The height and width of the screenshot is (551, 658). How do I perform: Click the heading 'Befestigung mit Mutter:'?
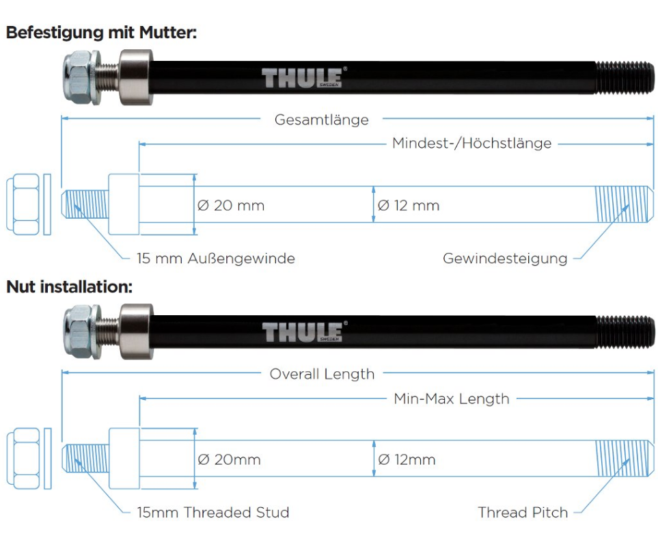102,32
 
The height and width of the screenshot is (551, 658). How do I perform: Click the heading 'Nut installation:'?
69,287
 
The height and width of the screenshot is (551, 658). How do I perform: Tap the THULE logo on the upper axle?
302,78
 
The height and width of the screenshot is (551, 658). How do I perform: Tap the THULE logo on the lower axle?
303,332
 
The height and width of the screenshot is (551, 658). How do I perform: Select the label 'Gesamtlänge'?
321,120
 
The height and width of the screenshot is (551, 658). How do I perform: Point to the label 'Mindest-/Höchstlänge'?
471,143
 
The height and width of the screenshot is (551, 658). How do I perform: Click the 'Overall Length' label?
322,374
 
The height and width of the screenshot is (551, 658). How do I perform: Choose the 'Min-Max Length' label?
452,399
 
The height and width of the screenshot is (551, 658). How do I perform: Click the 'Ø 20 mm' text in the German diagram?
231,205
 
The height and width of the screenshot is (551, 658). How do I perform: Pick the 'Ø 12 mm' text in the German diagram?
409,205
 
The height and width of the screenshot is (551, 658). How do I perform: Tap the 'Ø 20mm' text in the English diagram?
229,459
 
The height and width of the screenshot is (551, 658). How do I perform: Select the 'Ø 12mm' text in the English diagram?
407,459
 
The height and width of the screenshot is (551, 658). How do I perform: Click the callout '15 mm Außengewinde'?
216,258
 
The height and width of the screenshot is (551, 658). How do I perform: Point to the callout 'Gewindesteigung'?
505,258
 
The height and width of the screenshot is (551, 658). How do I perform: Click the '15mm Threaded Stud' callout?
213,512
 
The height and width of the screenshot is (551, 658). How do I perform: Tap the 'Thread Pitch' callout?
523,512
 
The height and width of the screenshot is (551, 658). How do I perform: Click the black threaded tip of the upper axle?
625,78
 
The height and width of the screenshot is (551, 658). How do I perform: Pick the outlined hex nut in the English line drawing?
23,459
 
